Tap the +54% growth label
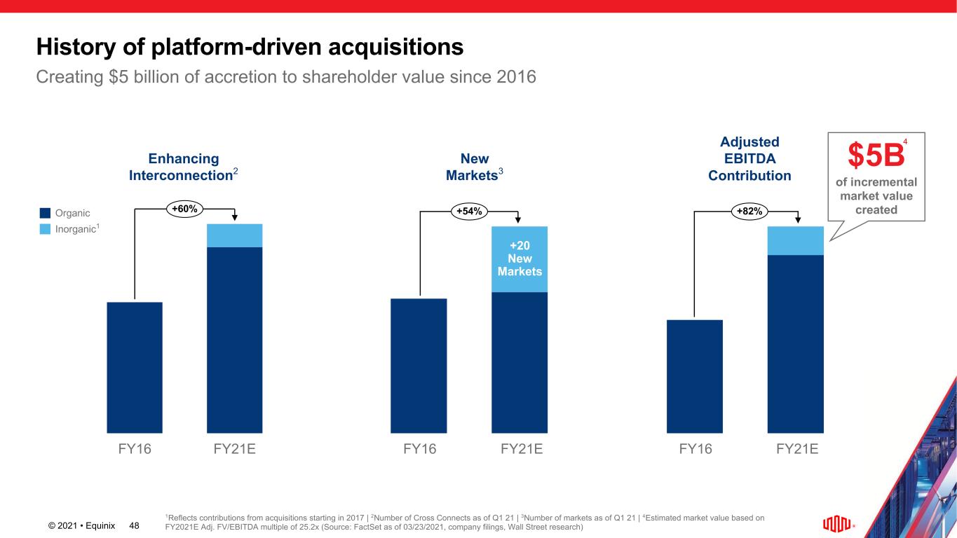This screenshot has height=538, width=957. (x=470, y=210)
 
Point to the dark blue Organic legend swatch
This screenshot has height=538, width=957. (x=45, y=213)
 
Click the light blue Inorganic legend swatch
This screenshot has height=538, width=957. (x=45, y=228)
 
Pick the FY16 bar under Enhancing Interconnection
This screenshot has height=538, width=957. (x=135, y=367)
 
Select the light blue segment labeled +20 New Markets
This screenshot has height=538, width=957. (x=520, y=259)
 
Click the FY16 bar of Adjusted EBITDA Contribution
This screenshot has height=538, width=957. (x=695, y=376)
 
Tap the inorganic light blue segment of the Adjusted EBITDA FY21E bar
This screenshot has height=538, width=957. (x=796, y=240)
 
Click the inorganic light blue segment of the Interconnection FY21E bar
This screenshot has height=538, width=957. (x=234, y=235)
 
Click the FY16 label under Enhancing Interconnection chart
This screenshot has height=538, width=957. (x=134, y=449)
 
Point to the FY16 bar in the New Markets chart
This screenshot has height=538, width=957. (x=419, y=366)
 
